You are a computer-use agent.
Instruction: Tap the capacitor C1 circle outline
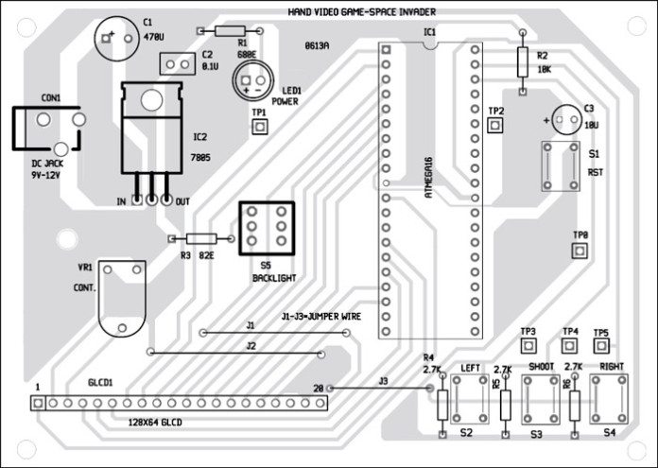point(113,39)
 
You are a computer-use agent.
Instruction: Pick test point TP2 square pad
point(495,126)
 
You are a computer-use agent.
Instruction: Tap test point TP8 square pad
point(580,250)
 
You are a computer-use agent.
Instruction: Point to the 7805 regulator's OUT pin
point(168,200)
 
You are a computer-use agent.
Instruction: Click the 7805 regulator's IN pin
point(137,200)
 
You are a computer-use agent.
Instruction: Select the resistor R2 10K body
point(522,62)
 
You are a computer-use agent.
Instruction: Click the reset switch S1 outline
point(558,166)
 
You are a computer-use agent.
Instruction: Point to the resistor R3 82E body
point(199,240)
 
